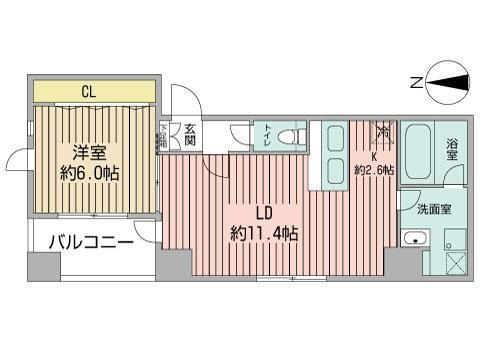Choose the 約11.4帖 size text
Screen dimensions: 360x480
264,234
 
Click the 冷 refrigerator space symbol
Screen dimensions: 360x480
383,132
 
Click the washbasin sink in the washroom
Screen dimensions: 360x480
413,240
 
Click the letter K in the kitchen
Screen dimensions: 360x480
374,156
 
